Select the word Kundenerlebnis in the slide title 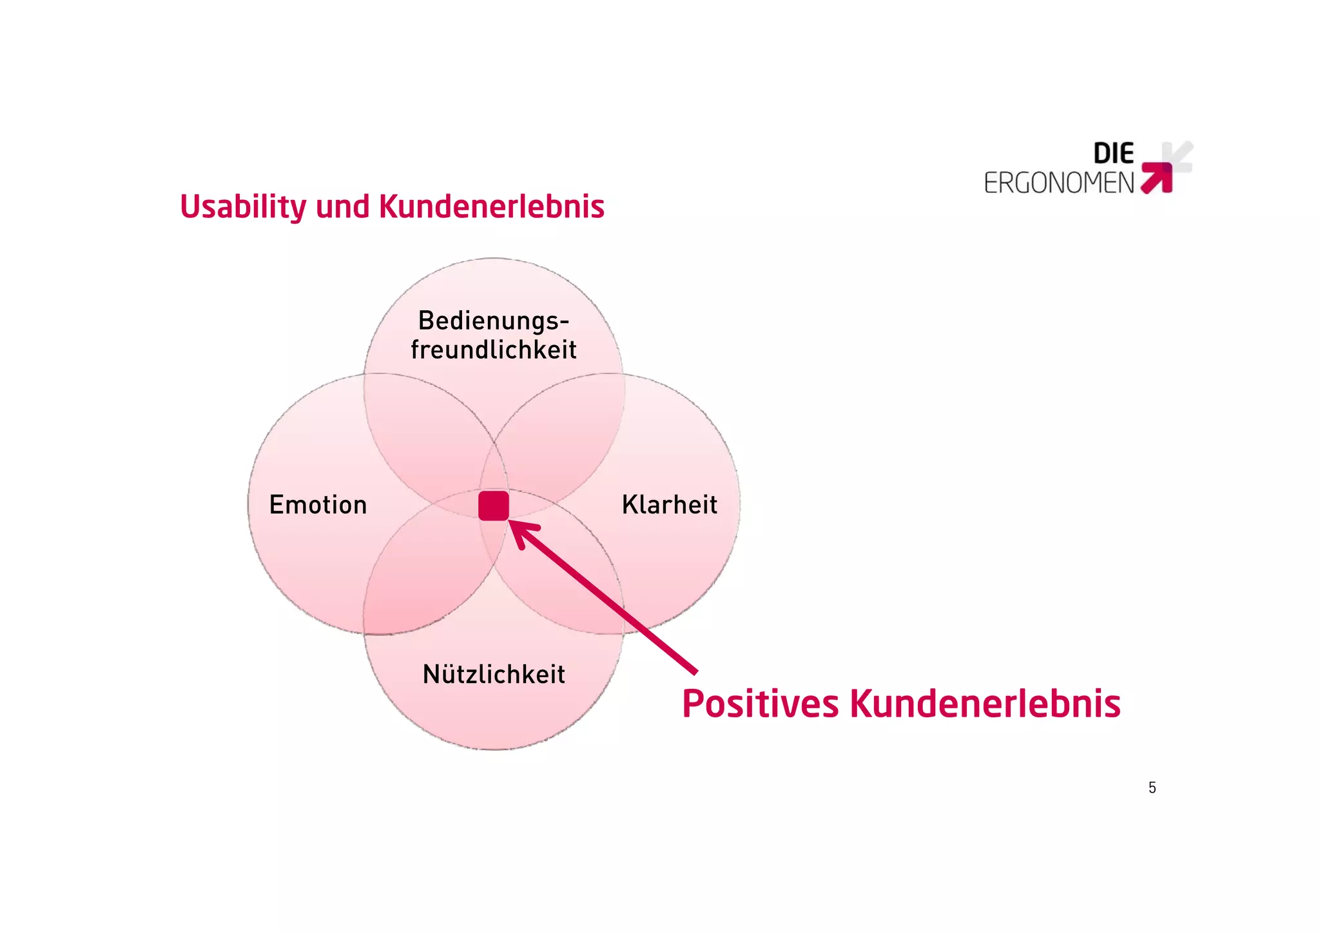pos(491,208)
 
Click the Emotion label pos(318,505)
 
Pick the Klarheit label pos(669,505)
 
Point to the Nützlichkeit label pos(494,675)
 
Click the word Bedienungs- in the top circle pos(494,321)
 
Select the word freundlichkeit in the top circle pos(494,350)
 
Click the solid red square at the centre pos(494,506)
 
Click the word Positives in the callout pos(760,704)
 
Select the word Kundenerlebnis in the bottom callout pos(985,704)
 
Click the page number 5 pos(1152,788)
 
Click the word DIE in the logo pos(1113,154)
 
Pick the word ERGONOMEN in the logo pos(1058,183)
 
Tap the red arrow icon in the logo pos(1158,178)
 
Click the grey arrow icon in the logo pos(1179,155)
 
